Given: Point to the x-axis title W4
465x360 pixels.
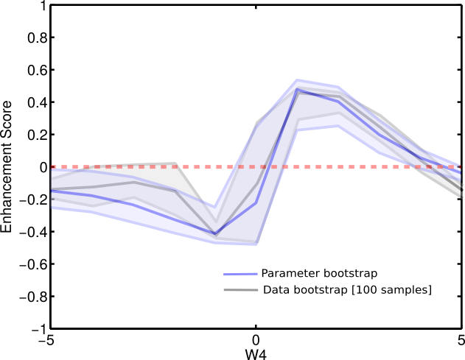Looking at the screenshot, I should point(255,353).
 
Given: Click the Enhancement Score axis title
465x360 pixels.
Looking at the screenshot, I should point(7,167).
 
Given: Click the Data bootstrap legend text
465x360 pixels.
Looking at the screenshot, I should point(346,290).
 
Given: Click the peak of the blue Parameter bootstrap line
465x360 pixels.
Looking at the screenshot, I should point(297,90).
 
